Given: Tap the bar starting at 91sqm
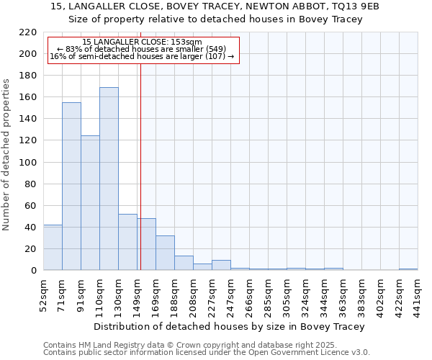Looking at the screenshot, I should click(90, 202).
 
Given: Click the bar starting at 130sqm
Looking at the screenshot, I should click(127, 242).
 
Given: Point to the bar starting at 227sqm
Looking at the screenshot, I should click(221, 265).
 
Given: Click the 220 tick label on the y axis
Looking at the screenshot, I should click(28, 32).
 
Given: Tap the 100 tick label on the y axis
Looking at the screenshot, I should click(28, 162).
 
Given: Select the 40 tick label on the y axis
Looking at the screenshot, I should click(31, 228).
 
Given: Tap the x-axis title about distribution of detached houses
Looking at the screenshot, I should click(229, 326).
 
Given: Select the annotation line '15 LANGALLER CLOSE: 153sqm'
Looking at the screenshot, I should click(142, 42).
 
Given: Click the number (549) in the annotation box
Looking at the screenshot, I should click(217, 49).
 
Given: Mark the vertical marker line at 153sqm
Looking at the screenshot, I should click(140, 166).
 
